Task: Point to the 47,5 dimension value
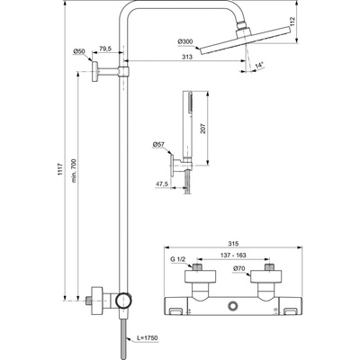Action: point(163,184)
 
